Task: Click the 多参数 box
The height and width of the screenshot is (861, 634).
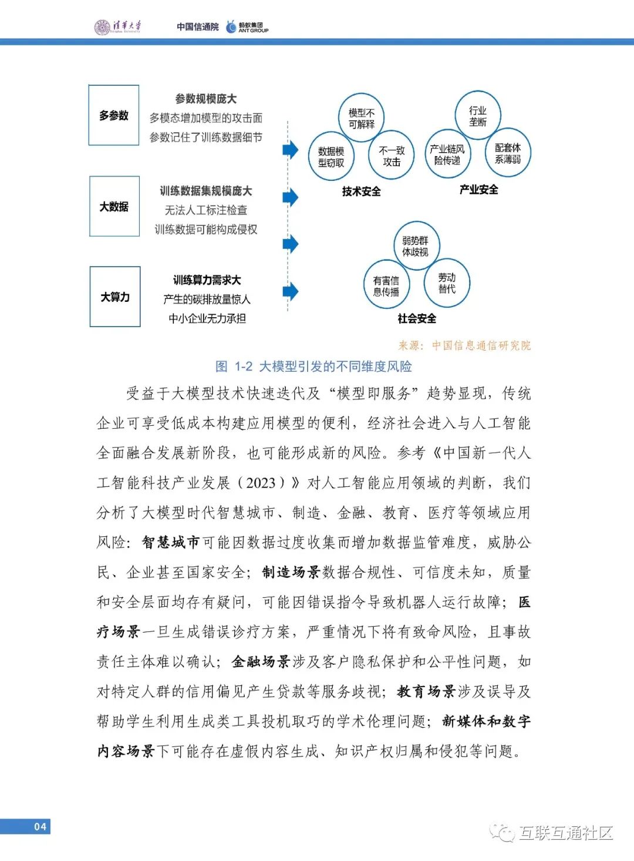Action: pyautogui.click(x=114, y=115)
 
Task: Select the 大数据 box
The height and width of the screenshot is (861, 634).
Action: pyautogui.click(x=114, y=206)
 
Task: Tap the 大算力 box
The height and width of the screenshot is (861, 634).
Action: pyautogui.click(x=115, y=297)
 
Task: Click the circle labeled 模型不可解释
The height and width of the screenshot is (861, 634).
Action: pyautogui.click(x=361, y=118)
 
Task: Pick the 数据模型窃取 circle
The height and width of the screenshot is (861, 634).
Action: pyautogui.click(x=331, y=157)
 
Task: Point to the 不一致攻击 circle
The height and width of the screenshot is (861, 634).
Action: pyautogui.click(x=392, y=156)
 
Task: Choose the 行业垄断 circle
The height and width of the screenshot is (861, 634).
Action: pyautogui.click(x=477, y=116)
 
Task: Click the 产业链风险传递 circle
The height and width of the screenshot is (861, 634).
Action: pyautogui.click(x=447, y=154)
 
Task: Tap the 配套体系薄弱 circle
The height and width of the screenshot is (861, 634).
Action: pyautogui.click(x=508, y=153)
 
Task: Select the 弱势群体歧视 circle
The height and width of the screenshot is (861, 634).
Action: pyautogui.click(x=416, y=246)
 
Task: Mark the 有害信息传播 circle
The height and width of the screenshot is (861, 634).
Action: pyautogui.click(x=386, y=285)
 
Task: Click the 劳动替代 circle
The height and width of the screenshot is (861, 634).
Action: pyautogui.click(x=447, y=283)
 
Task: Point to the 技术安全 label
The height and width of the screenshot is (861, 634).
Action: pyautogui.click(x=362, y=191)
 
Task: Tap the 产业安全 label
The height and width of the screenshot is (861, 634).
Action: pyautogui.click(x=479, y=189)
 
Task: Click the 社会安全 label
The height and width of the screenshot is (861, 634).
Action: pyautogui.click(x=417, y=318)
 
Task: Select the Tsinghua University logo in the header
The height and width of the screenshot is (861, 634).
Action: pyautogui.click(x=118, y=26)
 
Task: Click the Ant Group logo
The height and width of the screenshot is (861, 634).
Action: pyautogui.click(x=247, y=27)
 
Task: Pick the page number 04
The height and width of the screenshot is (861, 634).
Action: pyautogui.click(x=39, y=826)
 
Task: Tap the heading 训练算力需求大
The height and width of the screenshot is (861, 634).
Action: pyautogui.click(x=207, y=280)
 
